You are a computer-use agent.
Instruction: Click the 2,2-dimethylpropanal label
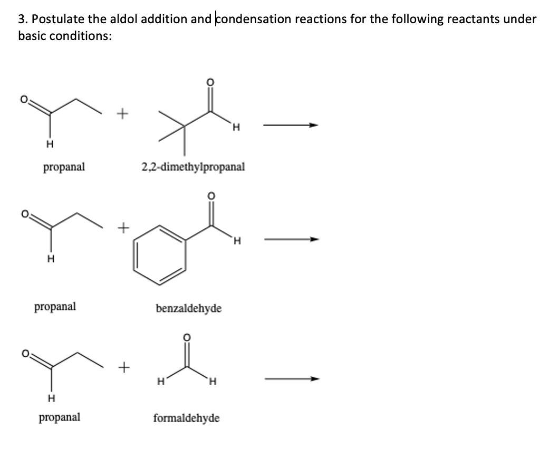click(x=193, y=167)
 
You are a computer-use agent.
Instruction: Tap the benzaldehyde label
click(x=188, y=308)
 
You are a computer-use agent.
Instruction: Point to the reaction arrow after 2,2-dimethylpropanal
click(x=292, y=125)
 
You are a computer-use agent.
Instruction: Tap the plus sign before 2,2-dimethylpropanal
click(x=122, y=113)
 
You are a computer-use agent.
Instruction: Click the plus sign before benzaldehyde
click(x=122, y=228)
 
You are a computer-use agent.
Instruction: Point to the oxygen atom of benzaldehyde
click(x=211, y=196)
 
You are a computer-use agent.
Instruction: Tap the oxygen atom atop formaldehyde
click(x=185, y=336)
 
